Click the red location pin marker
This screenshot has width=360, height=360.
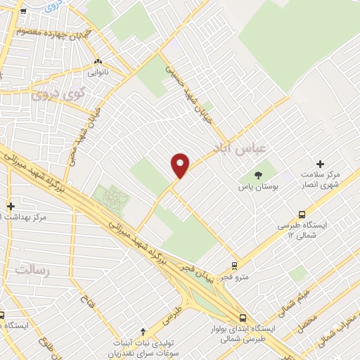(x=181, y=165)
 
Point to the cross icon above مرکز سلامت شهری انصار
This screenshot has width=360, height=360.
(x=321, y=164)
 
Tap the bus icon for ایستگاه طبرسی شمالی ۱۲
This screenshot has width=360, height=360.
(x=302, y=214)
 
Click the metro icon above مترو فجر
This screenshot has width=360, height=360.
(x=234, y=266)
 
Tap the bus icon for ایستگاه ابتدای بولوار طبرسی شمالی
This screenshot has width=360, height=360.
(x=242, y=318)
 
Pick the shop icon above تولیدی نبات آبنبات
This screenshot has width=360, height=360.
(x=143, y=332)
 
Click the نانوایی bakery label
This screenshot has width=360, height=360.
(x=98, y=72)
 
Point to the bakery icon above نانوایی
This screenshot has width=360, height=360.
(x=98, y=61)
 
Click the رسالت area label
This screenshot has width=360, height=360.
(x=33, y=270)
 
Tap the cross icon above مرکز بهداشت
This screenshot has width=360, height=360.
(x=10, y=206)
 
